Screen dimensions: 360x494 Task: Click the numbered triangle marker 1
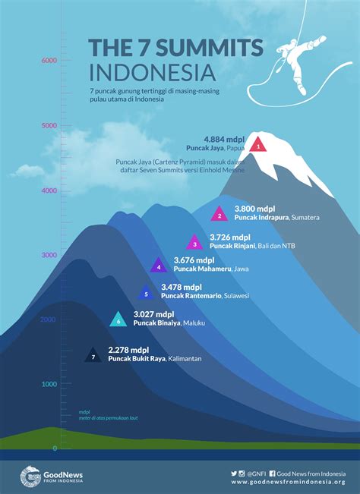pyautogui.click(x=257, y=143)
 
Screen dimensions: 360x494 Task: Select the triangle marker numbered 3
pyautogui.click(x=194, y=243)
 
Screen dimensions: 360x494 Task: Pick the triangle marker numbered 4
pyautogui.click(x=158, y=266)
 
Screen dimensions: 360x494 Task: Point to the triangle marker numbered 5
pyautogui.click(x=146, y=293)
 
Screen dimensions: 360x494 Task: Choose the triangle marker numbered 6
pyautogui.click(x=118, y=320)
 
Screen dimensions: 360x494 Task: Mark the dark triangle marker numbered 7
pyautogui.click(x=93, y=355)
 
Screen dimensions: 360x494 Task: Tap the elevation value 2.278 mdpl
pyautogui.click(x=128, y=350)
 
